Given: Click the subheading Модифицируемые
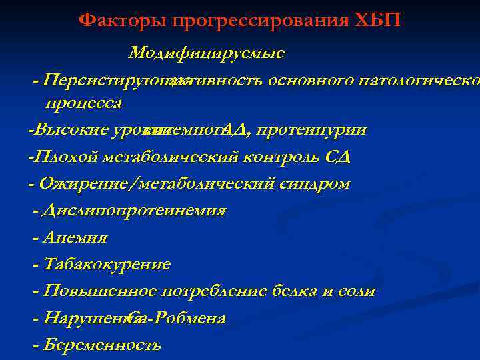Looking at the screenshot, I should (207, 53).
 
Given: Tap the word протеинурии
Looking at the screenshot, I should (311, 129).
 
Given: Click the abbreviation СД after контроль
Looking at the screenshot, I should (337, 157).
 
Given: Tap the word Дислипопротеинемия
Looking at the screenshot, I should (134, 211).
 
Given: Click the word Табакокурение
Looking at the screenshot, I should (107, 265).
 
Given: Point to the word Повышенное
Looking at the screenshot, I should (100, 291).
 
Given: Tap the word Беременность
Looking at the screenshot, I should (102, 345).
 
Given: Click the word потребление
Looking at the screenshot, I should (215, 291).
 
